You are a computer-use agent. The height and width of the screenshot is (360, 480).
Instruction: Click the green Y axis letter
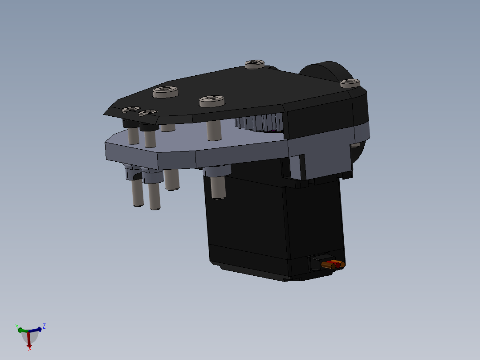coord(17,327)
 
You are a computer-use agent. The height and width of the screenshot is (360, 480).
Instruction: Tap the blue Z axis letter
coord(44,326)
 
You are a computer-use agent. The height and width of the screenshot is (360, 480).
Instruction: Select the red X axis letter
coord(30,349)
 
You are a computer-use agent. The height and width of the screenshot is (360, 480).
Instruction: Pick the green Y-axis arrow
coord(22,330)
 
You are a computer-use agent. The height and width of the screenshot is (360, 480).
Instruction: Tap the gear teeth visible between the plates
coord(260,123)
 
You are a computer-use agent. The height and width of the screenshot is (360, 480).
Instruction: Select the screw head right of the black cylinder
coord(350,83)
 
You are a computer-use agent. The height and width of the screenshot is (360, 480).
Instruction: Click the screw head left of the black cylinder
coord(254,64)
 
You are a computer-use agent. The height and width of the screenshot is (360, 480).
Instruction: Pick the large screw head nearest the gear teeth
coord(212,101)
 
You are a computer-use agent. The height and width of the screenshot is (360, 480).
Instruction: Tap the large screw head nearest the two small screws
coord(166,92)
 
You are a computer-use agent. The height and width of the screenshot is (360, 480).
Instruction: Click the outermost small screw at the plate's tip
coord(131,109)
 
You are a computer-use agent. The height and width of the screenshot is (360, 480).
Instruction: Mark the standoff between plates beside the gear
coord(215,129)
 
